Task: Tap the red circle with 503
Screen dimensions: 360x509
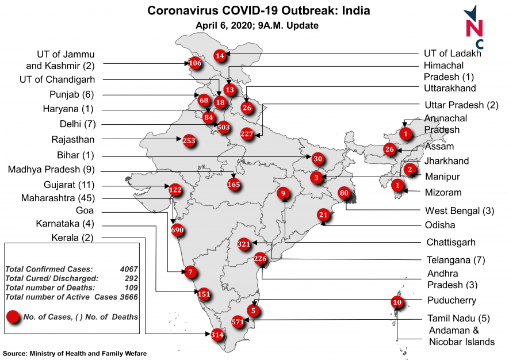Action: tap(224, 126)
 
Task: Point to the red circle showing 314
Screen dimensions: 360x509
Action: tap(217, 335)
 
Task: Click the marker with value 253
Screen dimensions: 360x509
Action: tap(189, 140)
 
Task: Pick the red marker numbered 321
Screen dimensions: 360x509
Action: tap(244, 244)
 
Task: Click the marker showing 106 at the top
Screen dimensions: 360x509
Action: tap(195, 63)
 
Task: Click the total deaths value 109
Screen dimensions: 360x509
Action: tap(129, 287)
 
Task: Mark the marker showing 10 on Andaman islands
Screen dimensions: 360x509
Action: tap(397, 302)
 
